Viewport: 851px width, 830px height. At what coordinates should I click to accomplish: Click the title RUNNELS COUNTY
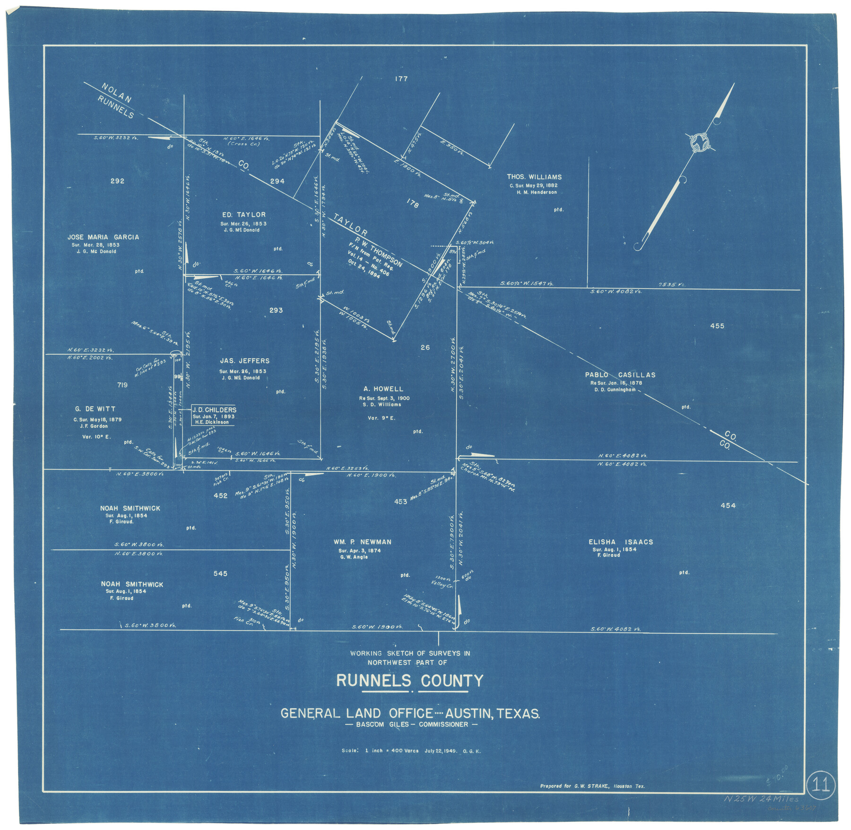409,681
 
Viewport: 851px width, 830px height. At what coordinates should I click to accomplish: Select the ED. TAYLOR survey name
243,215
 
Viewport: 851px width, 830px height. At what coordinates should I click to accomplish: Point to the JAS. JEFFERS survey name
244,361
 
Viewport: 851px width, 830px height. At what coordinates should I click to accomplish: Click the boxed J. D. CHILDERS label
214,410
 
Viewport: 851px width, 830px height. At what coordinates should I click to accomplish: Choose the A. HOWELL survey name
383,389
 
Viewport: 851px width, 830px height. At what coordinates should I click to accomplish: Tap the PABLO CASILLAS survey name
620,375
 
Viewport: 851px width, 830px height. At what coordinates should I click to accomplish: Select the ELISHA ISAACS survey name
620,542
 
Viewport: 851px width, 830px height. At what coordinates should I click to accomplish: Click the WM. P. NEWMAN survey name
362,542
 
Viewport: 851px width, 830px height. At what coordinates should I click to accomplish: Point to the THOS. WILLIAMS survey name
534,177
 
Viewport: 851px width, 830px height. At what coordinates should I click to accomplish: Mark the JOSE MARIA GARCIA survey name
103,237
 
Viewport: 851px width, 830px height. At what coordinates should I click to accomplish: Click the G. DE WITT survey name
95,409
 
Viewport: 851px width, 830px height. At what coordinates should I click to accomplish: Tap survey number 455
717,326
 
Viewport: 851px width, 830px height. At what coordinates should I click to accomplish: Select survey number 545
220,574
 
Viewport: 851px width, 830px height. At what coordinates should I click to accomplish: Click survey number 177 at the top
401,79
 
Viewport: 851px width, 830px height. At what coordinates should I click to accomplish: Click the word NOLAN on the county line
116,93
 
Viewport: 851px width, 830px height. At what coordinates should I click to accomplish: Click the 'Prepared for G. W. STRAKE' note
592,787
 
